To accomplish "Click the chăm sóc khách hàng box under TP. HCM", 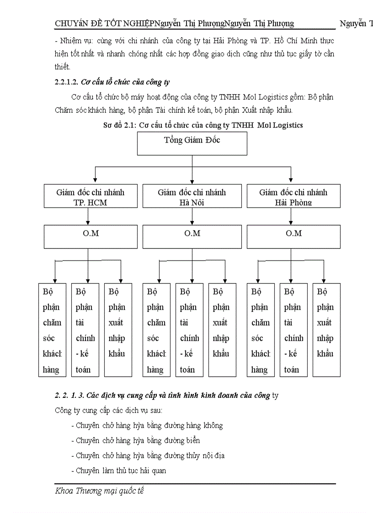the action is [52, 330].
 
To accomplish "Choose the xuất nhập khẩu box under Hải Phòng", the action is [326, 330].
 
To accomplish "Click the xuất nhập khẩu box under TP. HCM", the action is [118, 330].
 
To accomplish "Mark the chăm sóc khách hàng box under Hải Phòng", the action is [261, 330].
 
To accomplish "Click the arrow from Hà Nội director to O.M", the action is [192, 217].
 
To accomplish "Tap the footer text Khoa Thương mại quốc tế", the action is [99, 492].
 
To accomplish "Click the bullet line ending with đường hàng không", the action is [147, 426].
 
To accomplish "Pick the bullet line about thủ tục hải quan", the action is [119, 470].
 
